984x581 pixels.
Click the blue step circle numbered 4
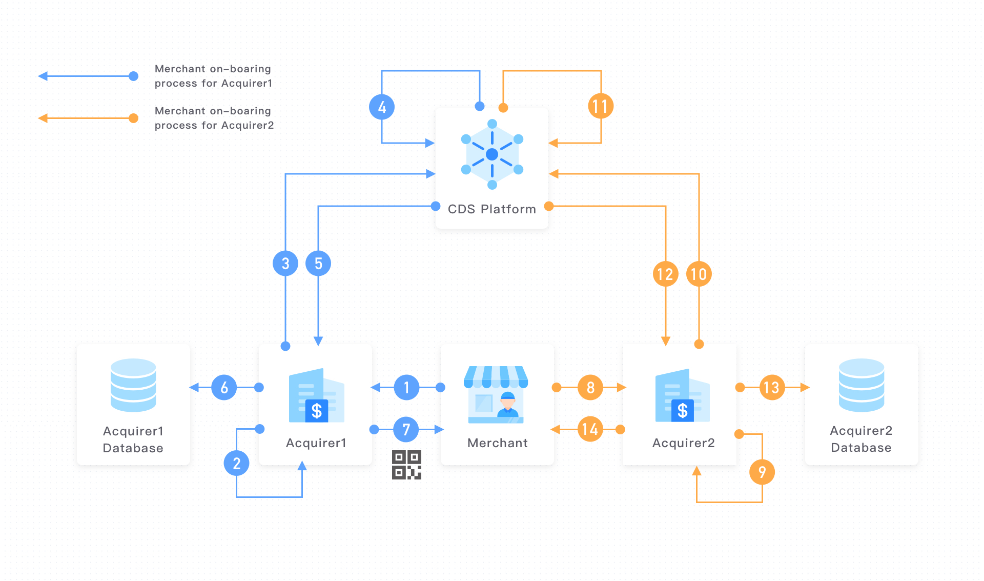[x=382, y=107]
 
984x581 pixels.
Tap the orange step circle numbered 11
[x=601, y=106]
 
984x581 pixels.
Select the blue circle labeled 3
[x=285, y=264]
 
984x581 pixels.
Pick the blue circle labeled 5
[x=318, y=264]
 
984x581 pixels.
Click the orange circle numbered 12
[x=665, y=274]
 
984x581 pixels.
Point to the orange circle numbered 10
[x=699, y=274]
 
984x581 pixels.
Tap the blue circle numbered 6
[x=224, y=388]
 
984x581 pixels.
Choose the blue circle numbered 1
[x=406, y=388]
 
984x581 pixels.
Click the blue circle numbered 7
[x=406, y=429]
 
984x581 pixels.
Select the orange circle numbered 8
[x=590, y=388]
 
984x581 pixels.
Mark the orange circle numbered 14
[x=590, y=429]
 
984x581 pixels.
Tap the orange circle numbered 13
[x=772, y=388]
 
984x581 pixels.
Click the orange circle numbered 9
[x=762, y=472]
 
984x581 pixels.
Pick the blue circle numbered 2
[x=236, y=464]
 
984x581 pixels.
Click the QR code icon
[x=406, y=465]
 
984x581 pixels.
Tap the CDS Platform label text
[x=491, y=209]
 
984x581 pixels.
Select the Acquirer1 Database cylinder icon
[x=133, y=385]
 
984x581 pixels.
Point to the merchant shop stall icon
[x=496, y=394]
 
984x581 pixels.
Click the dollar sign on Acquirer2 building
[x=683, y=411]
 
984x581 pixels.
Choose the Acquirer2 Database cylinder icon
[x=862, y=385]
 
